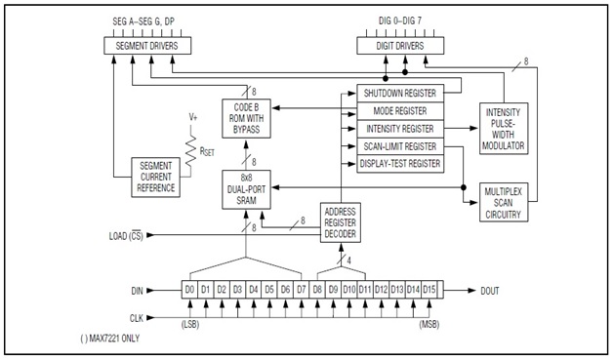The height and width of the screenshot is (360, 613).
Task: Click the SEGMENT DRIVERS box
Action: [152, 46]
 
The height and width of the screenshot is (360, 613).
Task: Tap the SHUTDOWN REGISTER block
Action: [400, 92]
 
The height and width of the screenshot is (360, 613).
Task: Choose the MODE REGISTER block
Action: [400, 110]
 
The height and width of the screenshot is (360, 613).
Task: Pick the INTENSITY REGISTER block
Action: [400, 128]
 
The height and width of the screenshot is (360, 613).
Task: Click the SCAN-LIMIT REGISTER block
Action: [400, 145]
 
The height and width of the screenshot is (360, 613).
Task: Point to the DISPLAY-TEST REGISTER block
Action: [400, 164]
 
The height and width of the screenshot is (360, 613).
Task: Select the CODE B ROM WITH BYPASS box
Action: [246, 117]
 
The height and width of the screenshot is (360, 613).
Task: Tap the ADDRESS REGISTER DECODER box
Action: [342, 223]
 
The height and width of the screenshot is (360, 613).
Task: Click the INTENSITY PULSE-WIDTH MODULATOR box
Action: [503, 128]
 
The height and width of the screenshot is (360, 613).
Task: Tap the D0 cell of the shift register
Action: [191, 290]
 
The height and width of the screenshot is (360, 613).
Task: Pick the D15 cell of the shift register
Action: [429, 290]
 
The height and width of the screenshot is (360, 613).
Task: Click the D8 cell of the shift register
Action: [318, 290]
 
